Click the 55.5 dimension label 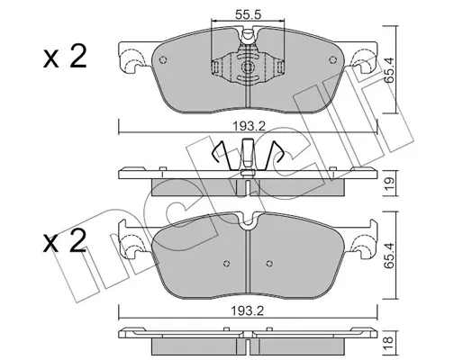tap(248, 14)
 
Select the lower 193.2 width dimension tap(247, 311)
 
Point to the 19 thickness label tap(390, 183)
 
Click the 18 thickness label tap(388, 339)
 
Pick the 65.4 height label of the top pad tap(389, 71)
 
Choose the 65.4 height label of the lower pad tap(389, 255)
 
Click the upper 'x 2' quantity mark tap(65, 56)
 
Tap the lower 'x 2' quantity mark tap(65, 241)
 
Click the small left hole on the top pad tap(163, 60)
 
